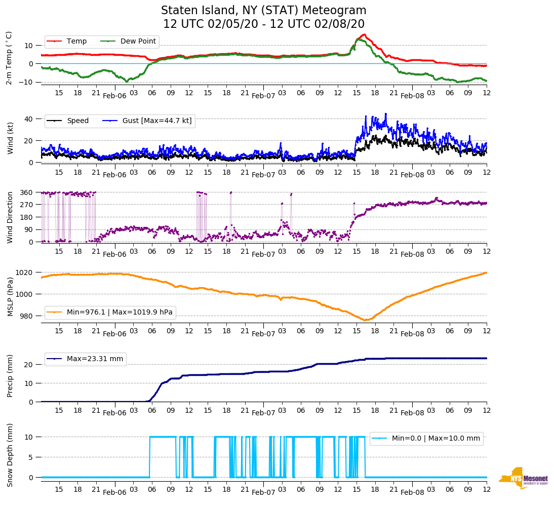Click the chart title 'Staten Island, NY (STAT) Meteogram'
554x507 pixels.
pyautogui.click(x=263, y=11)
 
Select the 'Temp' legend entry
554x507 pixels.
pyautogui.click(x=76, y=42)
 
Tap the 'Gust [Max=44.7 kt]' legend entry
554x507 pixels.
pyautogui.click(x=156, y=121)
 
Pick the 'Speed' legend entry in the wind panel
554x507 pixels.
pyautogui.click(x=77, y=121)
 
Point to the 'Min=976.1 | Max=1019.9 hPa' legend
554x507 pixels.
pyautogui.click(x=120, y=312)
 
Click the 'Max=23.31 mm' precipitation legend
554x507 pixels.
pyautogui.click(x=95, y=359)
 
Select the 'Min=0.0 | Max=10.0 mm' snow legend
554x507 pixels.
pyautogui.click(x=436, y=438)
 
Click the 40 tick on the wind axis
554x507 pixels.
pyautogui.click(x=29, y=119)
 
